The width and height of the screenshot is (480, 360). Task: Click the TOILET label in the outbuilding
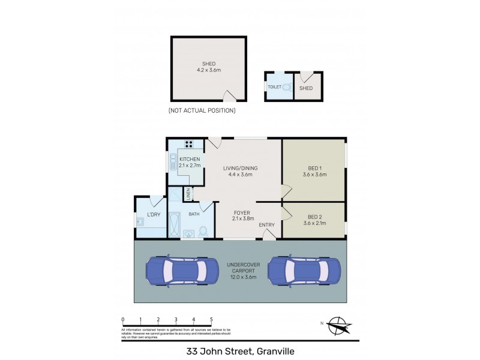pyautogui.click(x=274, y=87)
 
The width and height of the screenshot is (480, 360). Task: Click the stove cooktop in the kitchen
pyautogui.click(x=190, y=144)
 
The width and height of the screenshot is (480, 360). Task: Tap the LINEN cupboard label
pyautogui.click(x=188, y=194)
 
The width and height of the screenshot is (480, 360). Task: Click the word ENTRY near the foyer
pyautogui.click(x=266, y=225)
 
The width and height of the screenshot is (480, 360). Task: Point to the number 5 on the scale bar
pyautogui.click(x=211, y=319)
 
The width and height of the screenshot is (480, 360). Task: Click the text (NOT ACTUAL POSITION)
pyautogui.click(x=202, y=110)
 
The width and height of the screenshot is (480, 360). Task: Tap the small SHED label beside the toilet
pyautogui.click(x=306, y=88)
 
